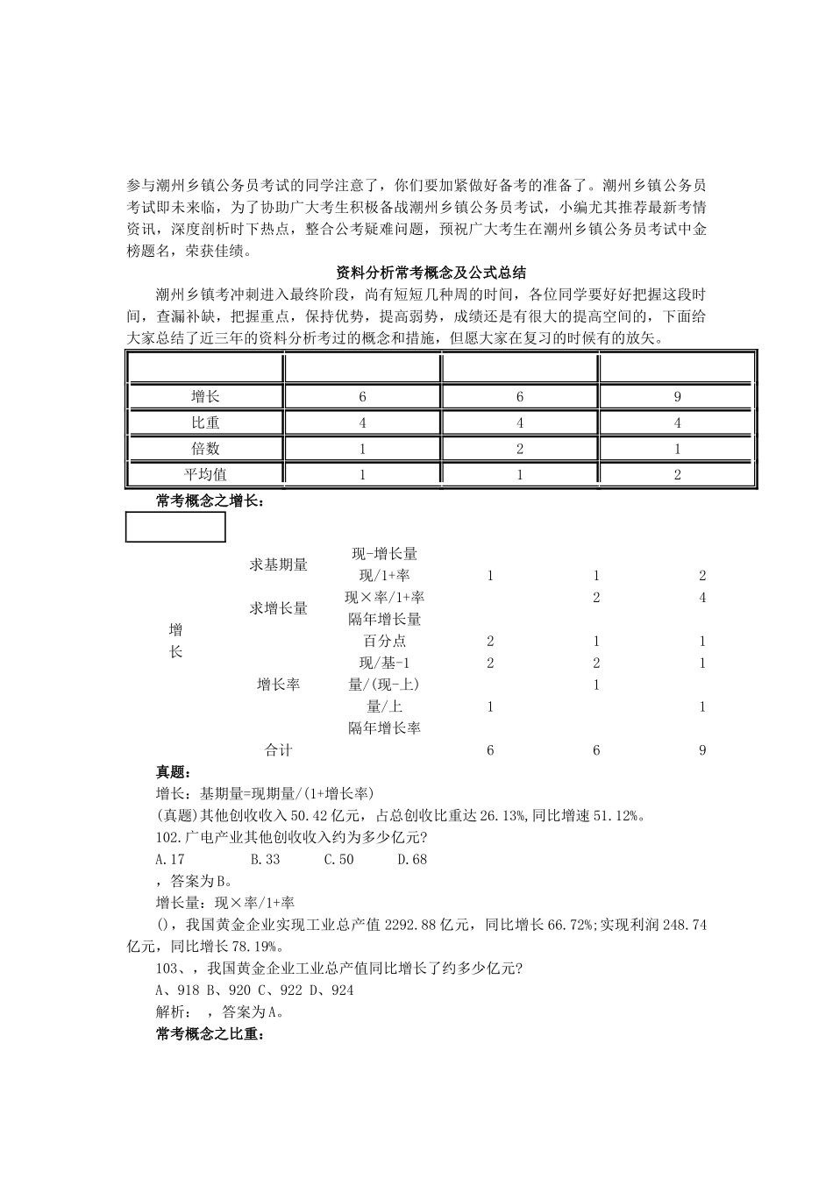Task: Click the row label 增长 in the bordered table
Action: point(205,397)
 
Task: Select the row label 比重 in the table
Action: point(205,422)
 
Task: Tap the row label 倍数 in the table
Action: point(205,449)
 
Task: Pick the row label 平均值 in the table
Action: point(205,474)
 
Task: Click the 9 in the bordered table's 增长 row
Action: point(677,397)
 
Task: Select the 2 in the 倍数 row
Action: point(520,449)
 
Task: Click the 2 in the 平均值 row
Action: point(677,474)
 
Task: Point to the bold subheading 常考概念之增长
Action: point(209,502)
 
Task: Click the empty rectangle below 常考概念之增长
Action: point(175,527)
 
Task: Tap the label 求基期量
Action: point(279,565)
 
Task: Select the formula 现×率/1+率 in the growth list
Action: point(384,598)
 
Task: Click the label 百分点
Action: point(384,642)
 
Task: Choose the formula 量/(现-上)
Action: point(384,685)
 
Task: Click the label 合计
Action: point(279,750)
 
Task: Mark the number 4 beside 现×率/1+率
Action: point(702,598)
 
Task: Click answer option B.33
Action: point(265,860)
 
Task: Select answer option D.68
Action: point(412,860)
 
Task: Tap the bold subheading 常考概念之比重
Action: point(209,1035)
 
